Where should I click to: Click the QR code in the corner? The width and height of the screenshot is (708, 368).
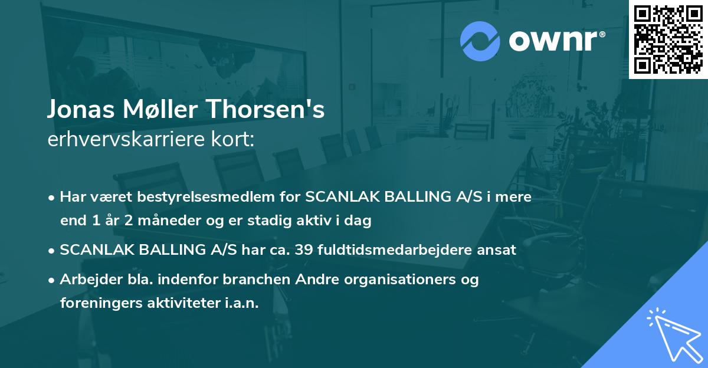(668, 39)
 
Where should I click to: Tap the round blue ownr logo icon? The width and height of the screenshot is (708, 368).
(480, 41)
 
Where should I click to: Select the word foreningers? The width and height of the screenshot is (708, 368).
(99, 303)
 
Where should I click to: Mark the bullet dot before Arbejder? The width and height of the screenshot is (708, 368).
(53, 280)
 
